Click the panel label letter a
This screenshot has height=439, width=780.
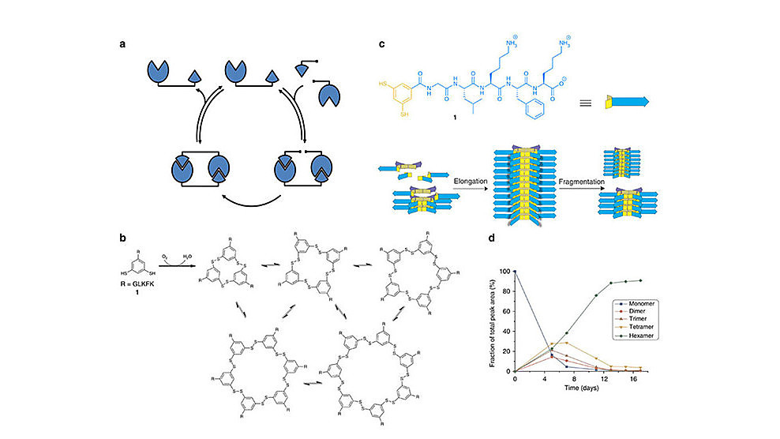coord(122,44)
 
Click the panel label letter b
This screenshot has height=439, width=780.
coord(122,238)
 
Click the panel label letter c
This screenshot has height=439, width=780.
coord(382,44)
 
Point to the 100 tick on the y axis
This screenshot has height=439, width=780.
coord(506,271)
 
